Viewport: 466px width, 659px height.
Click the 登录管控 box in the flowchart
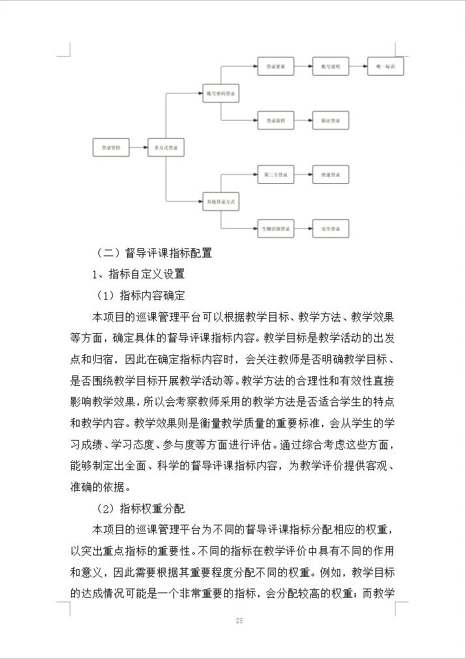click(x=111, y=148)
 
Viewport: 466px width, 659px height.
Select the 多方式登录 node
click(x=166, y=148)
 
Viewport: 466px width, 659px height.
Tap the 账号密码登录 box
click(x=220, y=93)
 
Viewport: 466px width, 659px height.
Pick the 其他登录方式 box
click(x=220, y=202)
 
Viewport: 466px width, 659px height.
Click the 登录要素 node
click(x=276, y=66)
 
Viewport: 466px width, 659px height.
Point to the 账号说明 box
click(x=330, y=66)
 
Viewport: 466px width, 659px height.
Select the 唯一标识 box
click(x=385, y=66)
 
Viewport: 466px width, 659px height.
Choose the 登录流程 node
click(x=276, y=121)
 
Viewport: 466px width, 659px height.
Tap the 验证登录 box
click(x=330, y=121)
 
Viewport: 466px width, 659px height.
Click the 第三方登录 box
click(x=276, y=175)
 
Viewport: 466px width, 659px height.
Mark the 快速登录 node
click(x=330, y=175)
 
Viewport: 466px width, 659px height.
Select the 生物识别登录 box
click(x=276, y=229)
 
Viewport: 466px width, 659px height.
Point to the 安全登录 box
click(x=330, y=229)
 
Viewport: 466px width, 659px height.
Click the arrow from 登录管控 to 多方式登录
click(x=138, y=148)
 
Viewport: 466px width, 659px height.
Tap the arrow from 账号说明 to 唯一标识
click(x=358, y=66)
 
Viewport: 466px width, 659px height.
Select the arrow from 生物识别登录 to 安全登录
click(x=303, y=229)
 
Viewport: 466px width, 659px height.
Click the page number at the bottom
click(x=239, y=621)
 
